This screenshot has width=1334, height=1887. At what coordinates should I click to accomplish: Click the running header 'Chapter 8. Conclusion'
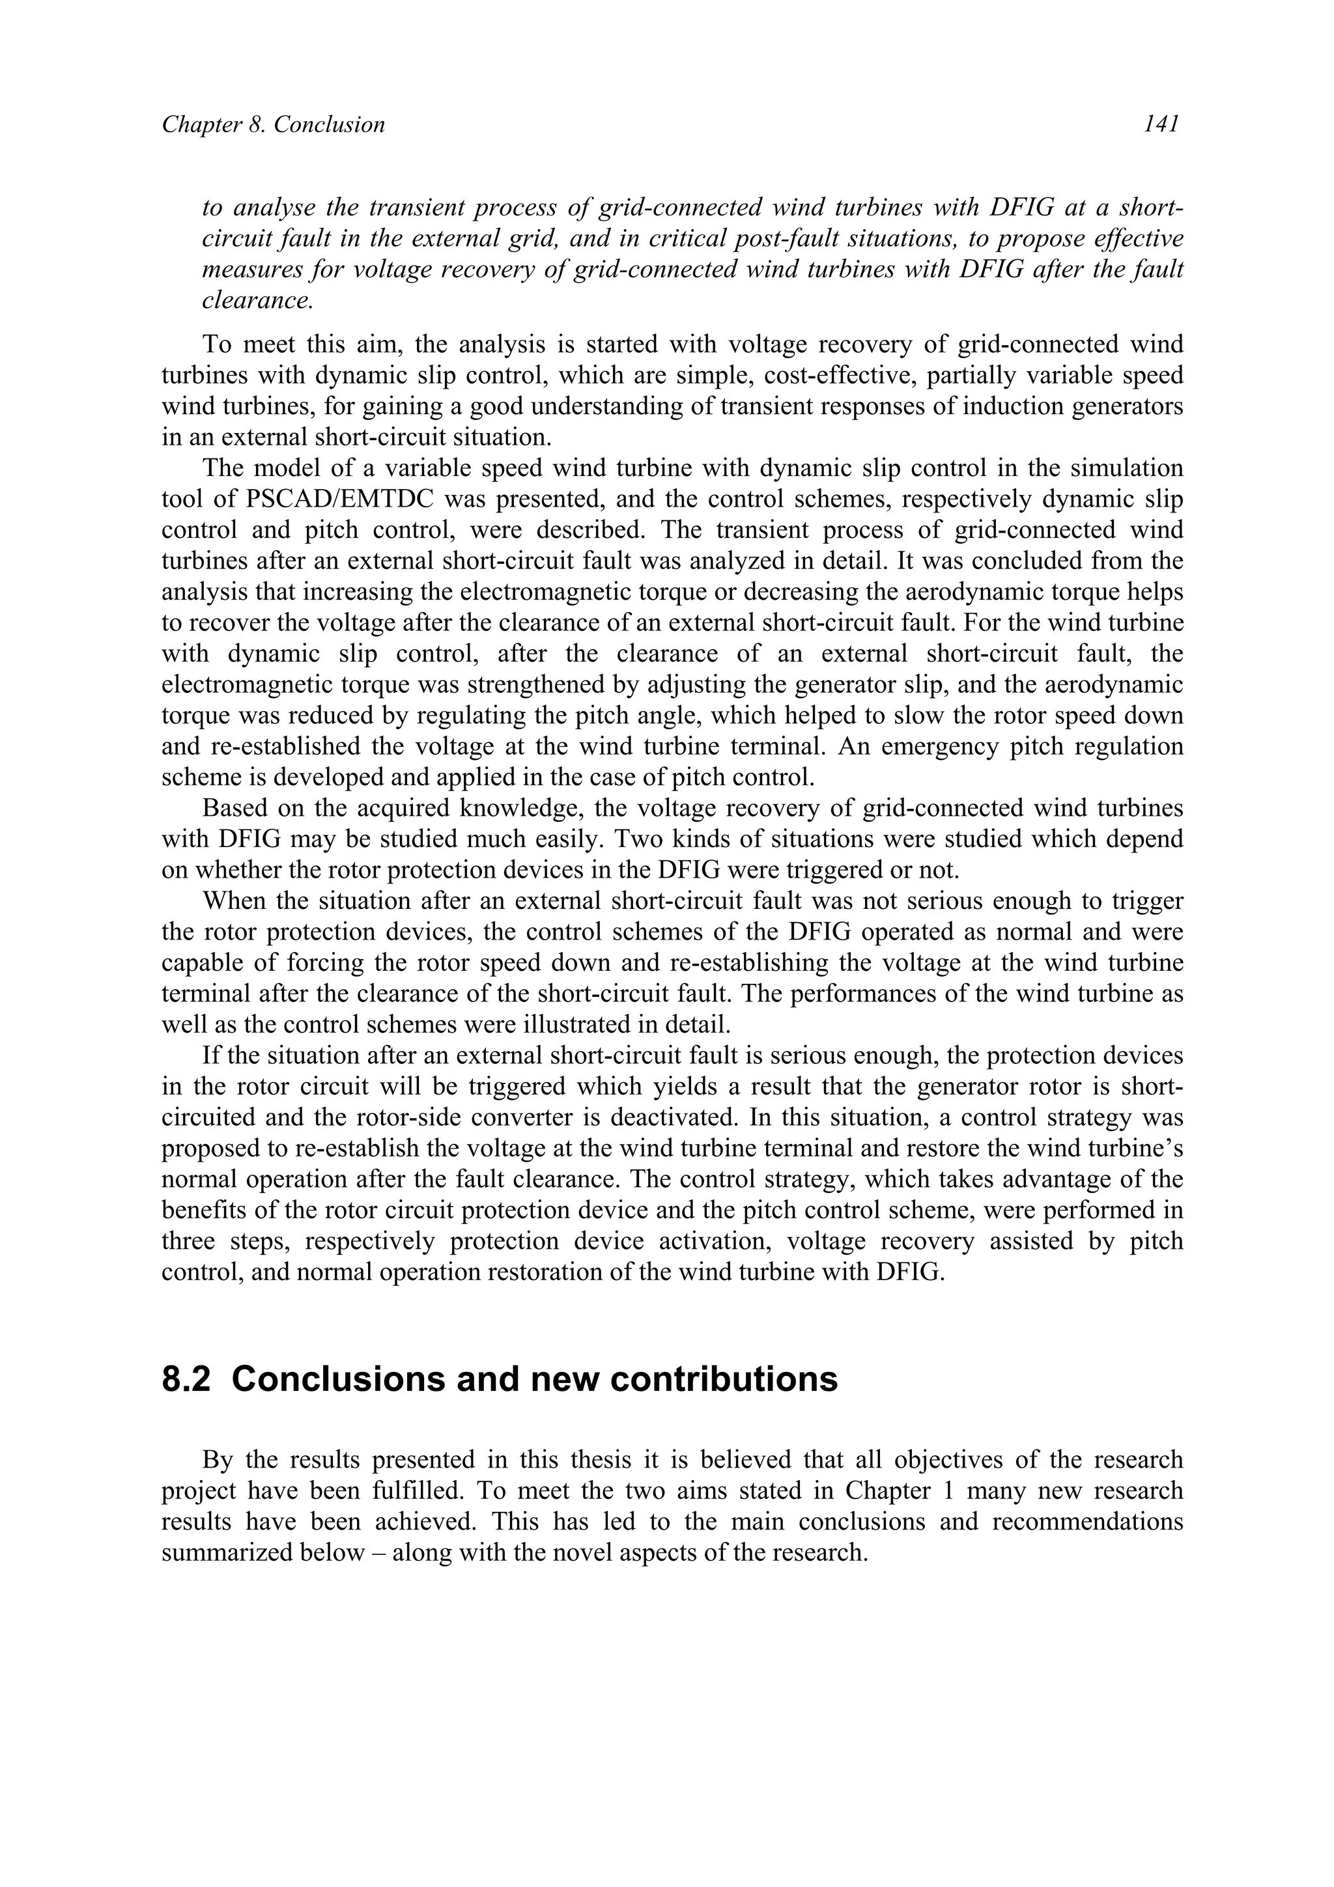[x=273, y=125]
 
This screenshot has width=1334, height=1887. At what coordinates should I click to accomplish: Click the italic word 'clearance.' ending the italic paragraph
[x=257, y=301]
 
